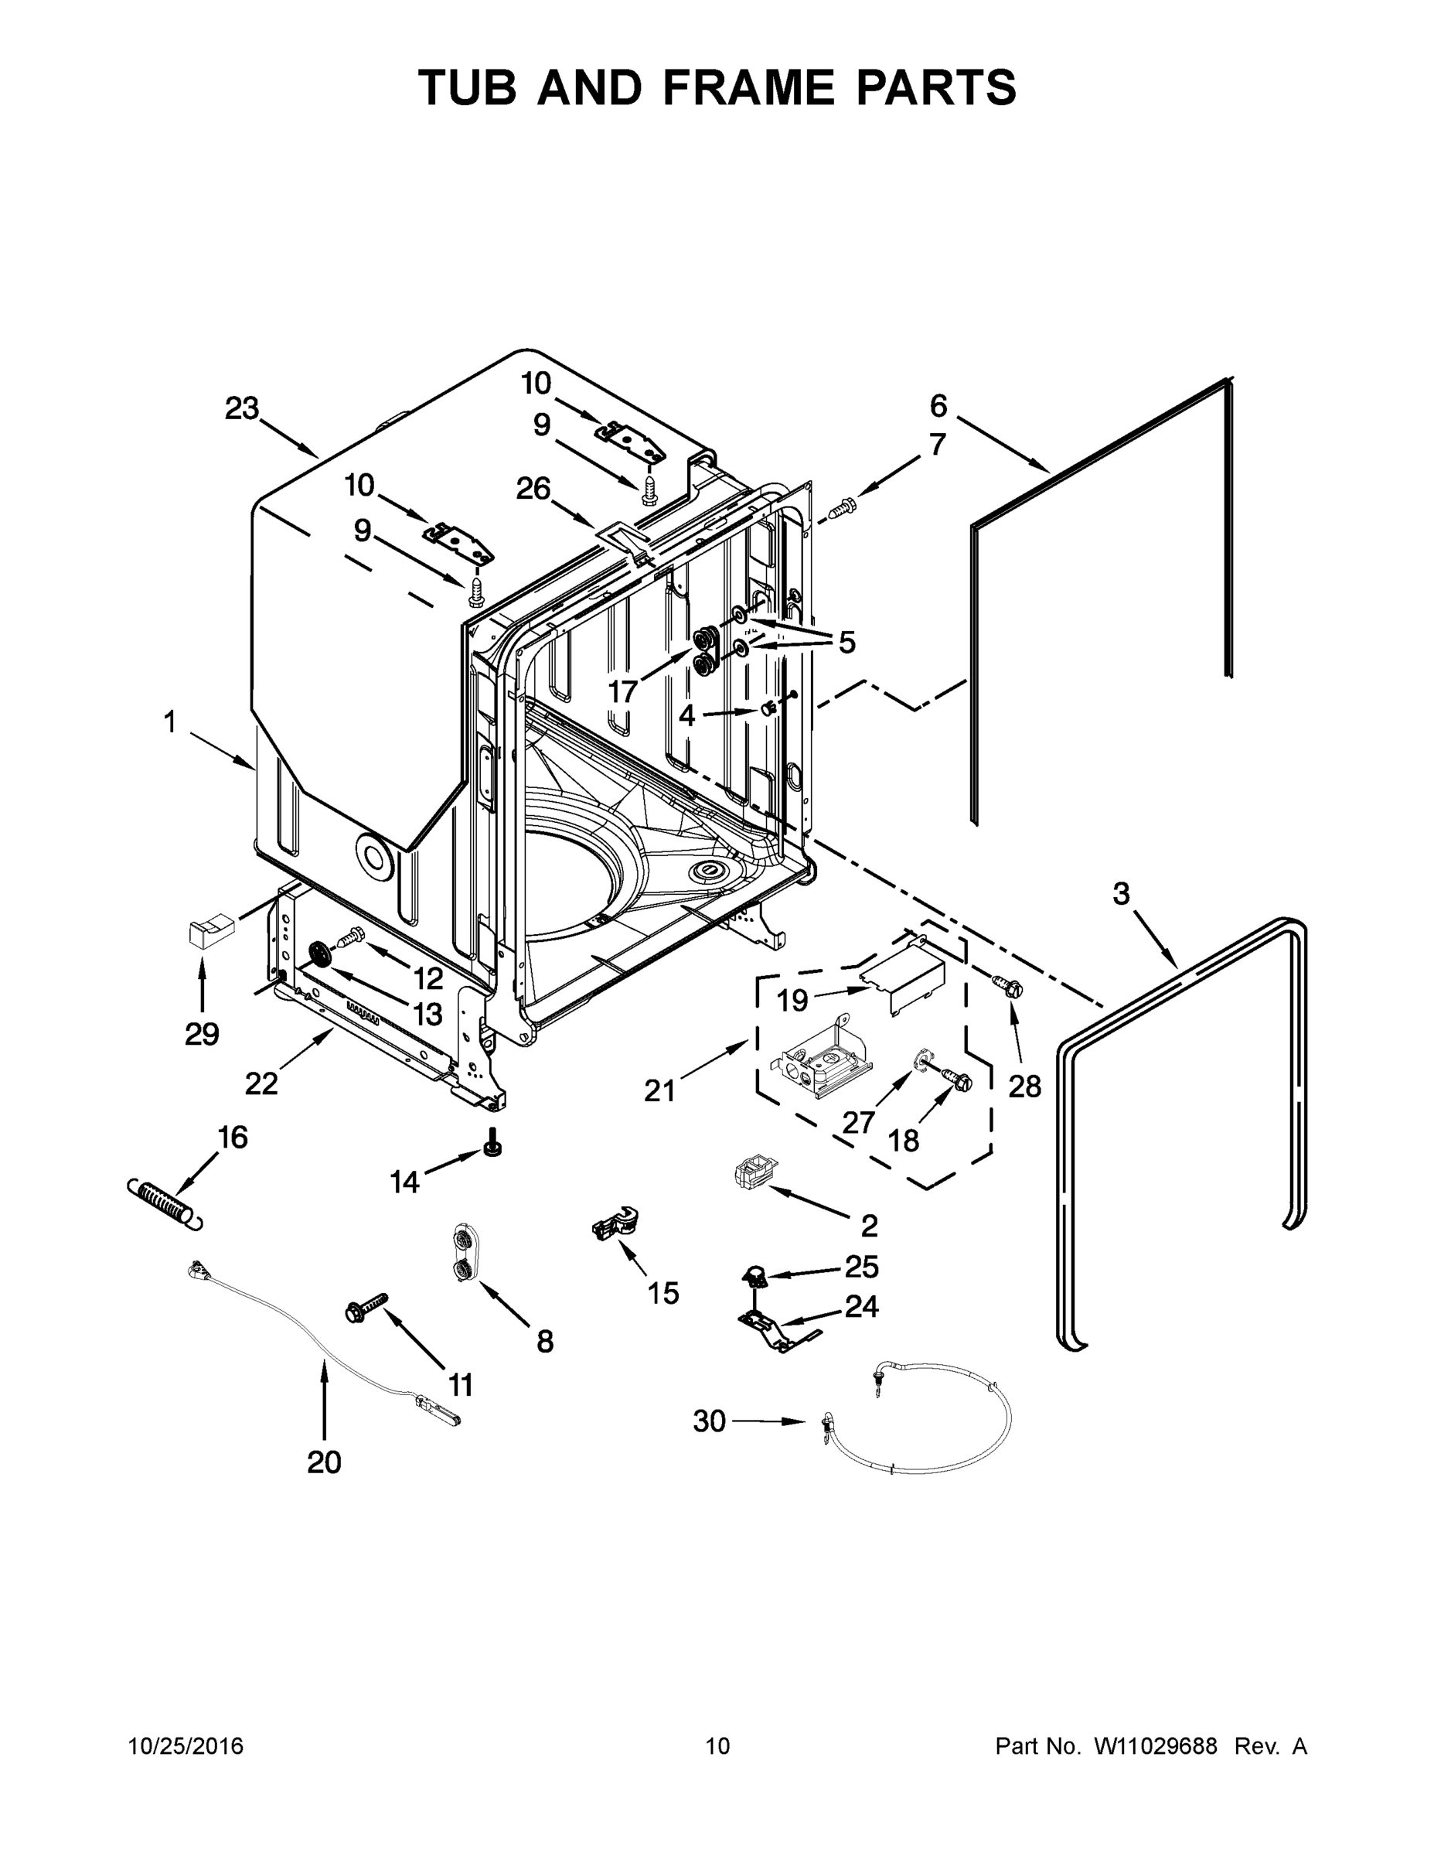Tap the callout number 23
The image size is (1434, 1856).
(x=241, y=409)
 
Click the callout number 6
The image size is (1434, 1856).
(x=938, y=406)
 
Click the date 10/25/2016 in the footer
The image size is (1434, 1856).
(x=186, y=1746)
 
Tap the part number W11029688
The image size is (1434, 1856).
(x=1156, y=1746)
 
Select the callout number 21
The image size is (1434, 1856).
(x=659, y=1090)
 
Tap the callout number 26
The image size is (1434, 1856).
(x=533, y=489)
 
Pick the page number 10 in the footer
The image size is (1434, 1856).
(x=717, y=1746)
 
